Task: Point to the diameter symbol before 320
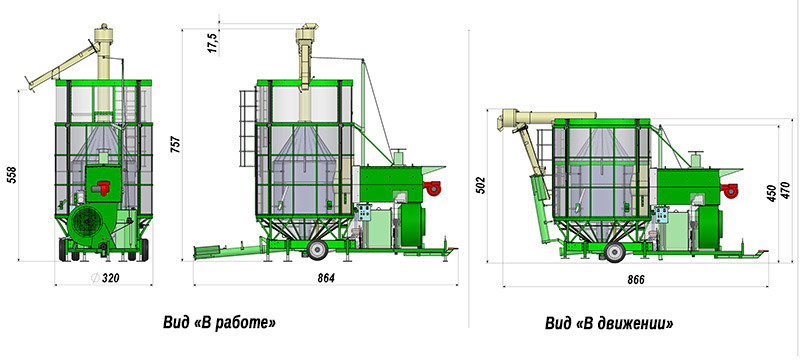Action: (x=94, y=278)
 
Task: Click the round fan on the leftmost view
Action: (x=85, y=222)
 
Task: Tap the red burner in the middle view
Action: (x=432, y=187)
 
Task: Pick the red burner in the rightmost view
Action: (x=731, y=189)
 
